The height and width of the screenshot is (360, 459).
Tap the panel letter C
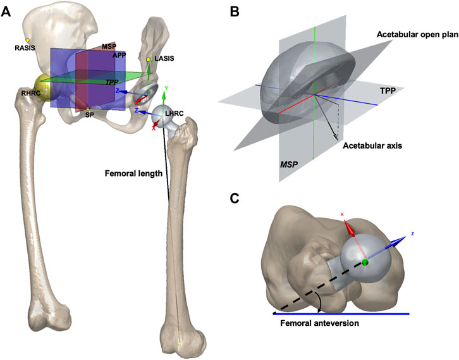233,197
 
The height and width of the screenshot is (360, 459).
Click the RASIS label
26,48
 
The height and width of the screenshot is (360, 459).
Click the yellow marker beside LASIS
149,60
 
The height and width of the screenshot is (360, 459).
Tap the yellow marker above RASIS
27,40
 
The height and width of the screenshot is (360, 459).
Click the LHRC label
174,113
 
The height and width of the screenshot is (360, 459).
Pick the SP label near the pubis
89,116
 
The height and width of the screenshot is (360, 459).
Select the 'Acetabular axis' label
372,146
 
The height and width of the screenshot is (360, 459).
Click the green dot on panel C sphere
365,261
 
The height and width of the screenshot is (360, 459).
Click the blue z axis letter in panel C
412,233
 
